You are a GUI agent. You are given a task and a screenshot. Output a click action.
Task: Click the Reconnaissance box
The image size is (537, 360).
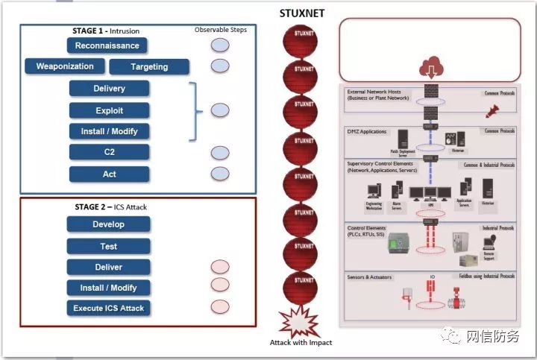point(107,45)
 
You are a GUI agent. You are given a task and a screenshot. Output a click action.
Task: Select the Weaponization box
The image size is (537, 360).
point(65,66)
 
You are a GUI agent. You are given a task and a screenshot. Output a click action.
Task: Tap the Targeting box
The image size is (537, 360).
point(149,67)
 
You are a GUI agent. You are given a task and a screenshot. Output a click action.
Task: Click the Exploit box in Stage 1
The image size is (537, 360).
point(110,110)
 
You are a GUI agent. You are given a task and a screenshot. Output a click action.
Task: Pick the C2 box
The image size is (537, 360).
point(110,152)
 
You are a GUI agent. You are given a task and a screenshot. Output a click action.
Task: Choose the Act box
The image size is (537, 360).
point(110,174)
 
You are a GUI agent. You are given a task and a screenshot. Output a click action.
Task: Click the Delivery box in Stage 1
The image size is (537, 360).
point(110,89)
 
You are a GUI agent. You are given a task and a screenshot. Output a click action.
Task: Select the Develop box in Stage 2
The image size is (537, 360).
point(108,224)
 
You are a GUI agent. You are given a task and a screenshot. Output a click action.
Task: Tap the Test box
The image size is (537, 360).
point(108,246)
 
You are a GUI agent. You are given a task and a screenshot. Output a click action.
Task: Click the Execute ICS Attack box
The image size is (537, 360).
point(108,308)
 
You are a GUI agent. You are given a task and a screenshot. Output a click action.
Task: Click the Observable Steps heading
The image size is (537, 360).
point(220,30)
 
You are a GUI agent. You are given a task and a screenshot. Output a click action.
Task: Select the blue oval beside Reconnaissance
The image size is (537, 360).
point(220,45)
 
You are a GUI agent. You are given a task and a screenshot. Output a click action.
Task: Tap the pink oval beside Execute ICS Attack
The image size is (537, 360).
point(220,306)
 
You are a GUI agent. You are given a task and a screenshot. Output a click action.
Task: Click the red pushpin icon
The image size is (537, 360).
point(492,112)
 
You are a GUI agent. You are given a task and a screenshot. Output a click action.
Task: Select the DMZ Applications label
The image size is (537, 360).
point(367,132)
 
